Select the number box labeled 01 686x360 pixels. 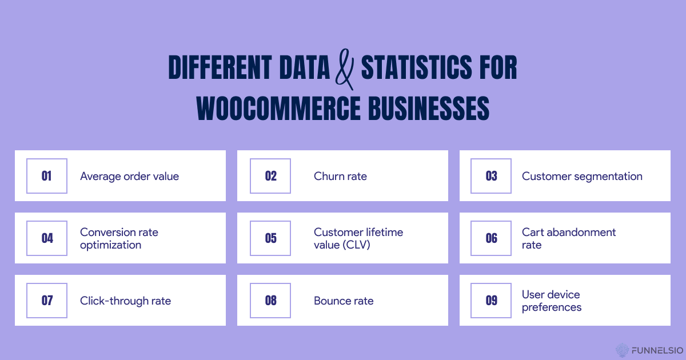47,176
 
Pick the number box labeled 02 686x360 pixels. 270,176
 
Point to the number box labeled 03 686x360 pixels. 491,176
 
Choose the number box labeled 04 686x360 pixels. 47,238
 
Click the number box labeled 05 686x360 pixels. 270,238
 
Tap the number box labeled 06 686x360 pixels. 491,238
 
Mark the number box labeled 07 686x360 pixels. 47,301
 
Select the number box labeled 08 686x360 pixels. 270,301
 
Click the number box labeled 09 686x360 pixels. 491,301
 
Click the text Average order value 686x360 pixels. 129,177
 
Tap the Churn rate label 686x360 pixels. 340,177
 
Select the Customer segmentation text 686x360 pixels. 582,177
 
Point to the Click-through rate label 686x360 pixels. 125,301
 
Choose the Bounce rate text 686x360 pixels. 344,301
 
